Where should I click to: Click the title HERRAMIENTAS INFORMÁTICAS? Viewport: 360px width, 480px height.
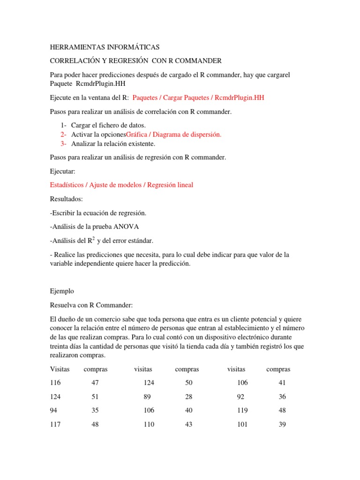pos(105,47)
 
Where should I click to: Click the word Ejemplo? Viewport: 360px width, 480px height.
pos(61,291)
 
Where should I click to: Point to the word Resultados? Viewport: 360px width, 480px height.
pos(66,199)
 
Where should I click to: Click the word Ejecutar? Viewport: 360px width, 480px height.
pos(62,171)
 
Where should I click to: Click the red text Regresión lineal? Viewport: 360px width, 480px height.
pos(170,185)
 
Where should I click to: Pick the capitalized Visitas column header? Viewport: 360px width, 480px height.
pos(60,369)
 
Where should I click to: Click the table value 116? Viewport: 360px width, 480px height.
pos(55,383)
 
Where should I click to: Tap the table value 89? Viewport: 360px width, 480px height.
pos(147,397)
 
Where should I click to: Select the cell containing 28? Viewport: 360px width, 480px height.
pos(189,397)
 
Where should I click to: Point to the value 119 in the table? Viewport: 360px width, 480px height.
pos(242,410)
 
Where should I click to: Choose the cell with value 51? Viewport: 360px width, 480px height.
pos(95,397)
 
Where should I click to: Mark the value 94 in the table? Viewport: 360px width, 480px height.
pos(53,410)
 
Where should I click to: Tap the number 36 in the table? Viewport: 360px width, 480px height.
pos(282,397)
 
